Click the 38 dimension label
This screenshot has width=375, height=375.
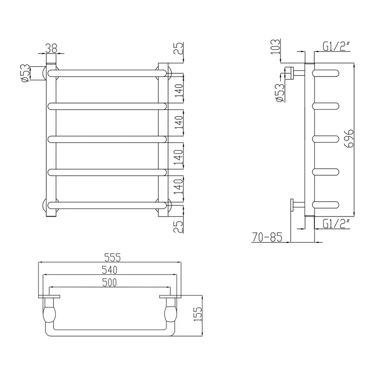click(51, 48)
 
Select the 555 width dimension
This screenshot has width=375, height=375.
click(110, 258)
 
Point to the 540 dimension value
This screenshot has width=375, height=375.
click(110, 270)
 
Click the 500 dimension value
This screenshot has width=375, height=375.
click(110, 282)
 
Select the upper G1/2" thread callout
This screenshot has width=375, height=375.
click(336, 47)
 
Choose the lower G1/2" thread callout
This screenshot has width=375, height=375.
click(336, 224)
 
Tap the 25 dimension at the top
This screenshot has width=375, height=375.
click(179, 49)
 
